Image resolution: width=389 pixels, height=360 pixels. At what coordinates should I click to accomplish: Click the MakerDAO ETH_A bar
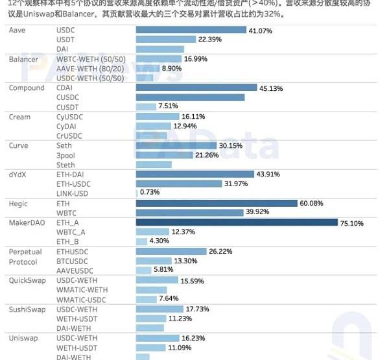(237, 222)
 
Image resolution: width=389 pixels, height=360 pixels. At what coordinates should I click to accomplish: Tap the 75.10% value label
(353, 223)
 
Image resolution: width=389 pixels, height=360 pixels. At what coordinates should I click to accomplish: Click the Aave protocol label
(18, 30)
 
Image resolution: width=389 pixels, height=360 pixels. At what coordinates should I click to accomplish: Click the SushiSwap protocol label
(27, 309)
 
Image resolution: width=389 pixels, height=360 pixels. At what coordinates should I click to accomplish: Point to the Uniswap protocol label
(23, 338)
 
